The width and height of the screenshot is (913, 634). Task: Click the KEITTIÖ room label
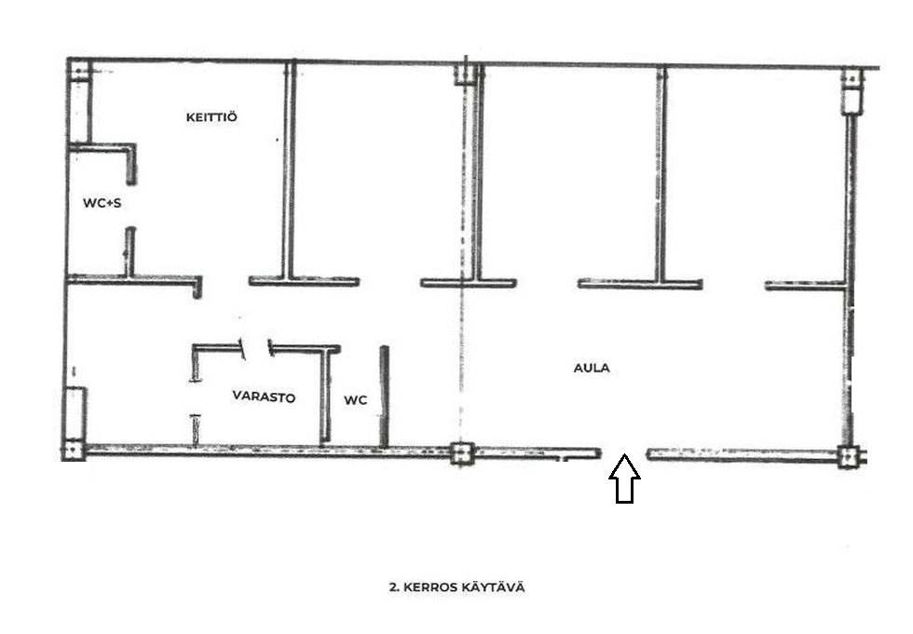(x=211, y=117)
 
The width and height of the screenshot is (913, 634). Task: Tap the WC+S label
(x=102, y=203)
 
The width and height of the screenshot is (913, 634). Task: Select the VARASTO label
(x=264, y=397)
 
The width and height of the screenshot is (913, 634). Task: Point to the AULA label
(x=592, y=368)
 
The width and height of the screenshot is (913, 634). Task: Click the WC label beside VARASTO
(x=355, y=400)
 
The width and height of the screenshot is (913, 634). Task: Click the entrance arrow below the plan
(x=624, y=479)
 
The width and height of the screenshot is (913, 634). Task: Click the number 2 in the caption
(x=393, y=587)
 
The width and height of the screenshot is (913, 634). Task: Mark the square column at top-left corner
(x=78, y=71)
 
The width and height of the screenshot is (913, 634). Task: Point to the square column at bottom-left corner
(x=74, y=451)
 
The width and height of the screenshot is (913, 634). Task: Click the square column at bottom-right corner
(x=849, y=456)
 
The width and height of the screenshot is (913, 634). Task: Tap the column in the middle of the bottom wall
(x=462, y=453)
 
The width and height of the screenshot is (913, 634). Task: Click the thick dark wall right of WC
(x=384, y=397)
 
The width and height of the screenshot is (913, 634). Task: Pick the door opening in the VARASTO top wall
(x=257, y=348)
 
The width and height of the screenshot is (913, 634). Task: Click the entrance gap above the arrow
(x=624, y=453)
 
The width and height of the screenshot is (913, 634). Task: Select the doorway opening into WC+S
(x=131, y=206)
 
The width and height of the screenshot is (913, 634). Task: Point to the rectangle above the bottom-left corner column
(x=75, y=413)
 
